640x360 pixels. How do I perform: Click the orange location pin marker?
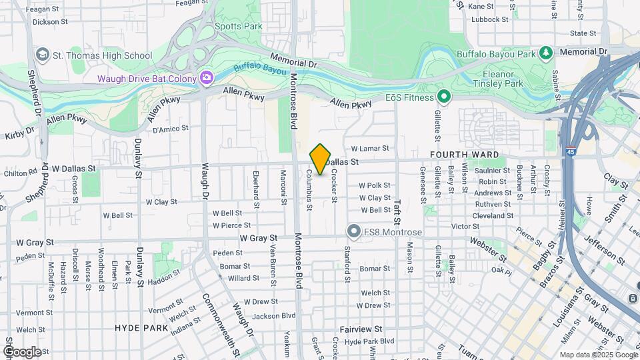click(320, 159)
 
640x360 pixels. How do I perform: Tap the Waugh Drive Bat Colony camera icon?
click(207, 79)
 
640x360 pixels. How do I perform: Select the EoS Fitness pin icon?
click(444, 98)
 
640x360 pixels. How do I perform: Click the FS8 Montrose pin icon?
click(353, 231)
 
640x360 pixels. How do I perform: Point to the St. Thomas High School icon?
click(43, 55)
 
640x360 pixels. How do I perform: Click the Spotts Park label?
click(238, 27)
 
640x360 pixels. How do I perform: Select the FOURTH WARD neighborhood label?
click(464, 155)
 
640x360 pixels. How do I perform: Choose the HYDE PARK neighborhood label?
click(141, 328)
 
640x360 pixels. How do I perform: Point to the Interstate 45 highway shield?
click(570, 152)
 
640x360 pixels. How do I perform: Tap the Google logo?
click(22, 351)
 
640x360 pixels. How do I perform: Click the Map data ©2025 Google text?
click(597, 355)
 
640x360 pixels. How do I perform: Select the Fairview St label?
click(361, 329)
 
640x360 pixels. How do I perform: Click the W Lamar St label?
click(369, 149)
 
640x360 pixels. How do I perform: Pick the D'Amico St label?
click(167, 128)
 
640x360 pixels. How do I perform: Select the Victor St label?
click(465, 227)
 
